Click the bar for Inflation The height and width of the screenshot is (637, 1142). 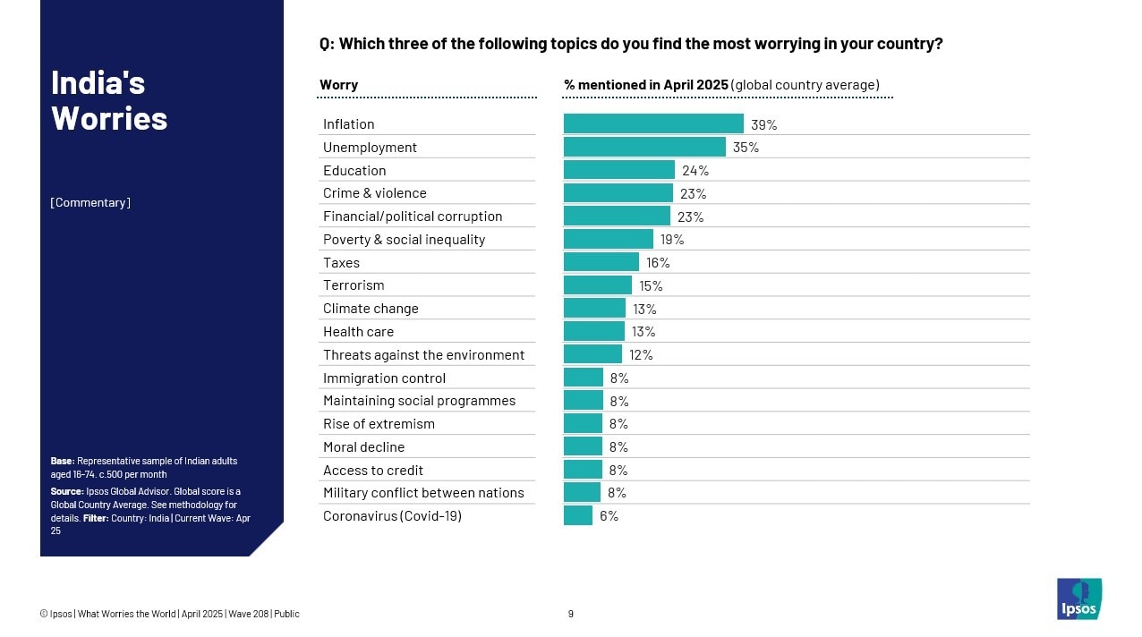pos(653,123)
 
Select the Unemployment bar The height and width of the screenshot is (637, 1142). pos(644,147)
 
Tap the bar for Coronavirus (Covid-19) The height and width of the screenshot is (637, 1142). pos(578,515)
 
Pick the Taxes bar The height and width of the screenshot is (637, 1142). pos(601,262)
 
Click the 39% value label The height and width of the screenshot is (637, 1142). pos(763,125)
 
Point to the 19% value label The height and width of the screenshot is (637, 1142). pos(672,240)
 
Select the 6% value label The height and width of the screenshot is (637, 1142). pos(609,516)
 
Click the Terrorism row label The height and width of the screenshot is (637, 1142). pos(354,285)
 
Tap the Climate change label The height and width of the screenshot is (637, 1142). pos(371,309)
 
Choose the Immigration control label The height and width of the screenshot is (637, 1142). pos(384,378)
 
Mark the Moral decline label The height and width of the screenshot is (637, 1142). pos(363,447)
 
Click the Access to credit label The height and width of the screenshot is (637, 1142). pos(373,471)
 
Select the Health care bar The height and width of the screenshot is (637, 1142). pos(593,331)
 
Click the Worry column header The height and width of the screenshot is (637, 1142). pos(338,85)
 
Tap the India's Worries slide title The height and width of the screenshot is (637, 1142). pos(109,100)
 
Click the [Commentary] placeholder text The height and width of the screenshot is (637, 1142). pos(90,202)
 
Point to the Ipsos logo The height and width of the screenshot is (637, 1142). pos(1078,599)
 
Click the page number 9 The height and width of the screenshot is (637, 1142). pos(571,614)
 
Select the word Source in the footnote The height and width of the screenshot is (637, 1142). pos(66,491)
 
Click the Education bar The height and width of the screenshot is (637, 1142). pos(618,170)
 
